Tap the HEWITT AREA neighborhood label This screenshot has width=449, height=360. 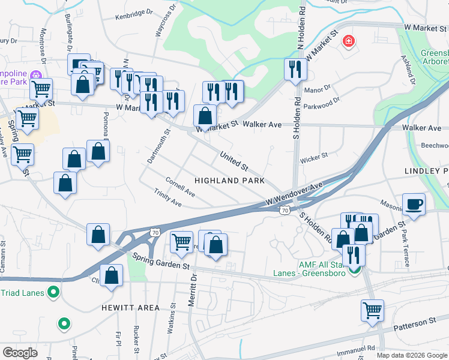point(131,308)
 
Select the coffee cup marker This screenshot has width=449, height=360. point(414,203)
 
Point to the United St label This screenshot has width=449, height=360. point(234,160)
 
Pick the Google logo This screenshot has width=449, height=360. point(20,353)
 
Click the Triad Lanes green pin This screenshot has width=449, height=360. point(53,293)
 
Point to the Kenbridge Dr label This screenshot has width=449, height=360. point(131,12)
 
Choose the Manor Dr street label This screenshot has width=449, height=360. point(318,89)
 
